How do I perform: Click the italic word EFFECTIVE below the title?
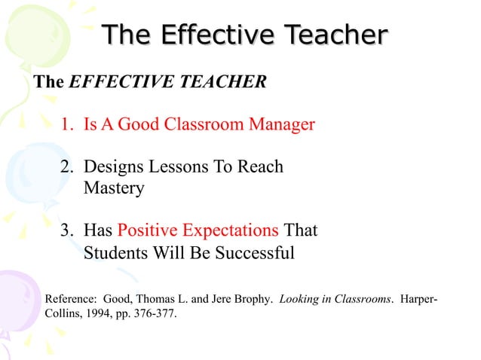pyautogui.click(x=112, y=82)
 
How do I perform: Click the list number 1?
pyautogui.click(x=68, y=124)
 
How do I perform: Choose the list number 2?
pyautogui.click(x=68, y=166)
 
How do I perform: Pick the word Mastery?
pyautogui.click(x=114, y=188)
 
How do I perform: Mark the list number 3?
pyautogui.click(x=68, y=230)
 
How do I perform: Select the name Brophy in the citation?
pyautogui.click(x=254, y=298)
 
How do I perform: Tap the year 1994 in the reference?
pyautogui.click(x=107, y=313)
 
